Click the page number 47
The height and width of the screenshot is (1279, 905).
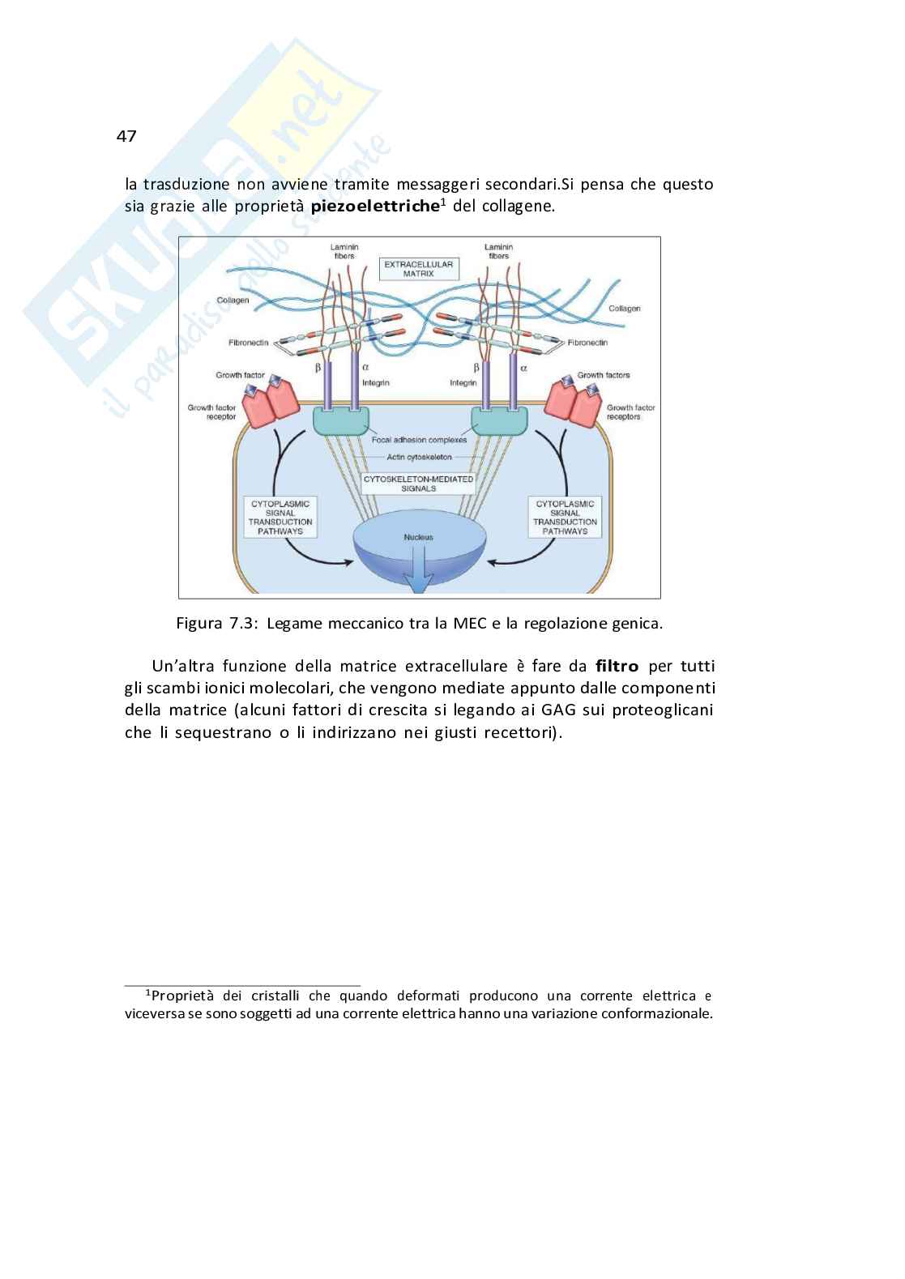[x=126, y=136]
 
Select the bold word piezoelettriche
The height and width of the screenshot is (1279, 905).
[x=374, y=206]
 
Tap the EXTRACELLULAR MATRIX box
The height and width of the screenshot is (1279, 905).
[x=419, y=269]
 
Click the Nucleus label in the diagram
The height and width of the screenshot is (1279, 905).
[x=418, y=537]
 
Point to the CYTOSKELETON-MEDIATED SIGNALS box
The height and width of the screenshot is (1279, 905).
[x=418, y=484]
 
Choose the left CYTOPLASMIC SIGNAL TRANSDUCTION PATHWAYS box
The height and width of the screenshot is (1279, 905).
[x=280, y=518]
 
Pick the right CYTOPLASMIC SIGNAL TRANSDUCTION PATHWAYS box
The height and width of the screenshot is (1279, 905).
[x=565, y=518]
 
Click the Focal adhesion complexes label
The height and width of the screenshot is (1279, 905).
[x=419, y=440]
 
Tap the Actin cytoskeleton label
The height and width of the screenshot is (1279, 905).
[x=419, y=457]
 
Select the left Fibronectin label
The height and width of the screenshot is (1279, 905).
[x=248, y=343]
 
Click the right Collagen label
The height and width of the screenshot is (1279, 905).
[x=624, y=309]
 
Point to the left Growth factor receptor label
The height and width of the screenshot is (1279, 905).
[x=211, y=412]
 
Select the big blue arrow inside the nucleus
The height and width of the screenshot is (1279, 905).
[x=418, y=570]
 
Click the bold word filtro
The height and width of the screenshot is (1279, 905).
[x=617, y=667]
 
